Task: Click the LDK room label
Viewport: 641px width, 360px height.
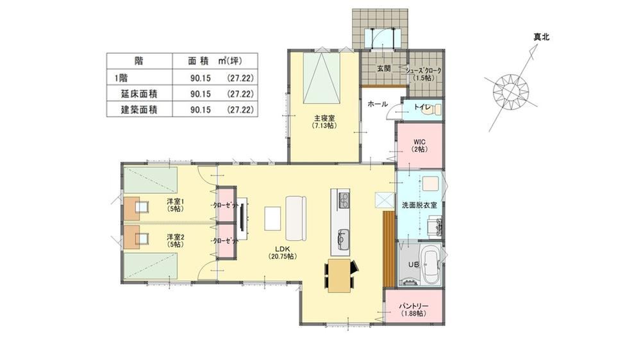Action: [283, 249]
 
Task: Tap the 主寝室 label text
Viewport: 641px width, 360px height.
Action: [324, 119]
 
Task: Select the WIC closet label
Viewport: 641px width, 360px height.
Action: [419, 142]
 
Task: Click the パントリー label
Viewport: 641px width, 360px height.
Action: [413, 306]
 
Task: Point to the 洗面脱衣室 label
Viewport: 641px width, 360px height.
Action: [419, 205]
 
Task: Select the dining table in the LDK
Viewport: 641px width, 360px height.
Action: [340, 275]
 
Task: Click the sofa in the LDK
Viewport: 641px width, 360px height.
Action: [296, 218]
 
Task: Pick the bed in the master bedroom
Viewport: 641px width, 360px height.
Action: [322, 79]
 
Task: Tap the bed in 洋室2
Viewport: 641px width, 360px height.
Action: [151, 266]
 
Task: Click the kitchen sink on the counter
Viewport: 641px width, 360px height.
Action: [344, 239]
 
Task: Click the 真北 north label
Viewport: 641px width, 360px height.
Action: [541, 37]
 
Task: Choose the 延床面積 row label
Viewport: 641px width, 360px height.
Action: [139, 94]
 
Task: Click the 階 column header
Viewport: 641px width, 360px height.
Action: [139, 61]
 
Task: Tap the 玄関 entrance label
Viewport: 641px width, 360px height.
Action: [384, 69]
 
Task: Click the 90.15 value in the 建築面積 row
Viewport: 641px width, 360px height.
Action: [200, 110]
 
